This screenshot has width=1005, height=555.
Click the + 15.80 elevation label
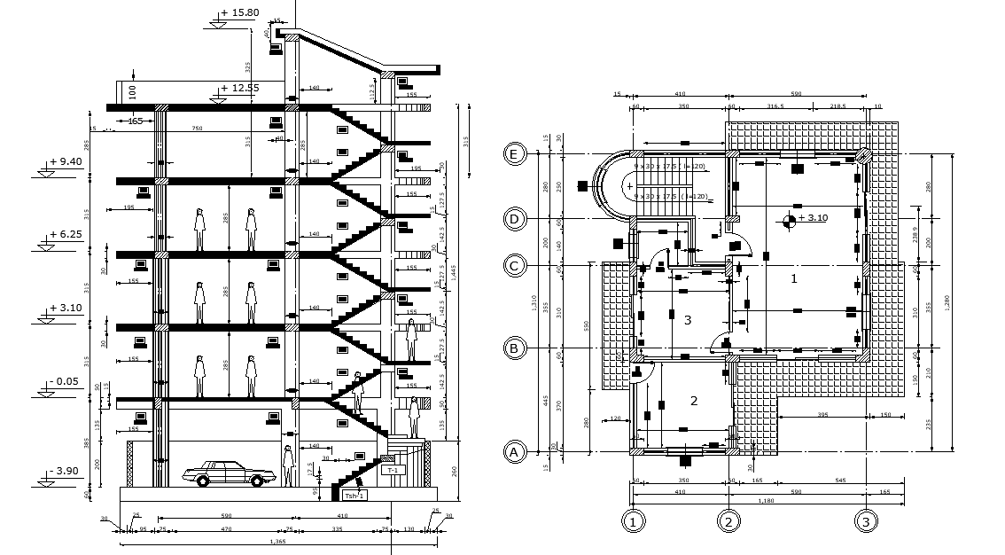point(239,13)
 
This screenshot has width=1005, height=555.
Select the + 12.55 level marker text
point(239,88)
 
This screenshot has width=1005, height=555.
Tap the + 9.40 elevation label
point(65,161)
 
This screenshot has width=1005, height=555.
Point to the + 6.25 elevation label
point(65,235)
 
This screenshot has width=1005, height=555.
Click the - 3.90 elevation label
point(65,470)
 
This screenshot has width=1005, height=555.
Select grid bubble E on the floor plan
point(512,153)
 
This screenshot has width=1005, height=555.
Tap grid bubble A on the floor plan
point(512,452)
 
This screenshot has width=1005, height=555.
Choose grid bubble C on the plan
point(512,265)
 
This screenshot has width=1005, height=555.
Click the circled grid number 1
point(632,521)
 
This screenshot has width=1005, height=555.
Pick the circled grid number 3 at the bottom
point(866,521)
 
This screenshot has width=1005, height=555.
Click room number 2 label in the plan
point(693,401)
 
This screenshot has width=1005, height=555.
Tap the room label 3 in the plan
point(687,320)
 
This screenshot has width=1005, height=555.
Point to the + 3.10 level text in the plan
point(813,217)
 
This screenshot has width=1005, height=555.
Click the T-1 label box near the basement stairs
point(393,471)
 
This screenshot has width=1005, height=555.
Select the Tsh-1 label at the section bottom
point(354,496)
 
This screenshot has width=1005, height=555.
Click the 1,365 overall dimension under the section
point(277,541)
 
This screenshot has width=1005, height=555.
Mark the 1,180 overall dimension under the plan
point(767,501)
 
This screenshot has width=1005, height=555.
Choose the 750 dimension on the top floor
point(198,129)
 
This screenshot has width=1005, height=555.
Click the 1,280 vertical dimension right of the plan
point(947,301)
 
